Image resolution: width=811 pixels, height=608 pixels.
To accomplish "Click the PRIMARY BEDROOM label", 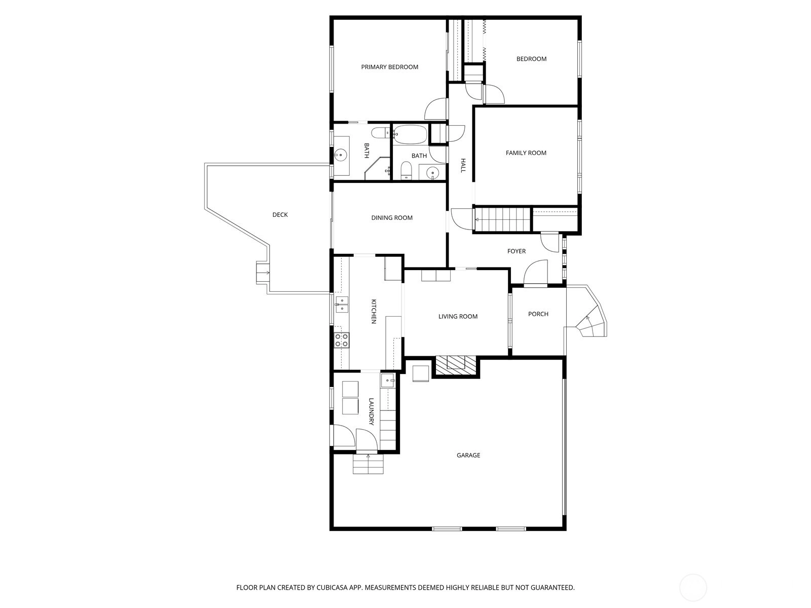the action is click(x=389, y=67).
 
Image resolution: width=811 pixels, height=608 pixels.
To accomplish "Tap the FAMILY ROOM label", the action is click(x=526, y=153).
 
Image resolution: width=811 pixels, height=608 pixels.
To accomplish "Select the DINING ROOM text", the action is click(x=392, y=218).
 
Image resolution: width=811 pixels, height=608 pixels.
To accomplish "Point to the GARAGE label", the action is click(x=468, y=455).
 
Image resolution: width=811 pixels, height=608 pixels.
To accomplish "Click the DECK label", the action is click(x=280, y=214).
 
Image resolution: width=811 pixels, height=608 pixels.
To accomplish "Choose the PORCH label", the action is click(x=538, y=314).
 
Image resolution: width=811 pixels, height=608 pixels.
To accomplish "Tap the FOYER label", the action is click(x=516, y=251).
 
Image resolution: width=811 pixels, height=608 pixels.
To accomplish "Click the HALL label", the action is click(x=463, y=165).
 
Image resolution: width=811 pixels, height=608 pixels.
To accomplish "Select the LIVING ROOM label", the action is click(x=458, y=316).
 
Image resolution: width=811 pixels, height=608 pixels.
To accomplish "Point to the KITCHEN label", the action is click(x=374, y=311).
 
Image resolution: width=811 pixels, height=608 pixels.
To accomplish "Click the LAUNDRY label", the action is click(x=372, y=411).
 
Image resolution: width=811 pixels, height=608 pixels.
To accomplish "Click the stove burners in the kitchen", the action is click(x=342, y=340).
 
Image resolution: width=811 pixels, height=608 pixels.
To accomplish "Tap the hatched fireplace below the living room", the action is click(x=456, y=365).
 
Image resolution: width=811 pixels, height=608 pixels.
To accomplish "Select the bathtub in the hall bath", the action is click(x=410, y=134).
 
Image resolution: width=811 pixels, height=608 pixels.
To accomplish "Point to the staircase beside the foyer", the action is click(x=502, y=219).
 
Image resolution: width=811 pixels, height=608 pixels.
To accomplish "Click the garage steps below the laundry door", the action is click(x=368, y=464).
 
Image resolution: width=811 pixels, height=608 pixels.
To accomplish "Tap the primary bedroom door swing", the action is click(x=436, y=108).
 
